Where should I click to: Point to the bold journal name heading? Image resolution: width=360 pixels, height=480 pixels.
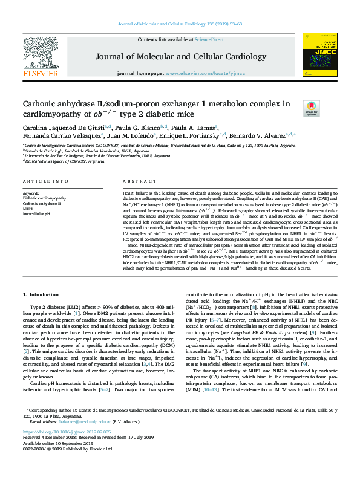(180, 57)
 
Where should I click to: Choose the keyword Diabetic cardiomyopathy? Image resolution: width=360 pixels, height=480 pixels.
(45, 198)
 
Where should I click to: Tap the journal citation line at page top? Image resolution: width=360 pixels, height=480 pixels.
(180, 24)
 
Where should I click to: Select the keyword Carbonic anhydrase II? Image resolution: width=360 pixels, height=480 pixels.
(42, 203)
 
